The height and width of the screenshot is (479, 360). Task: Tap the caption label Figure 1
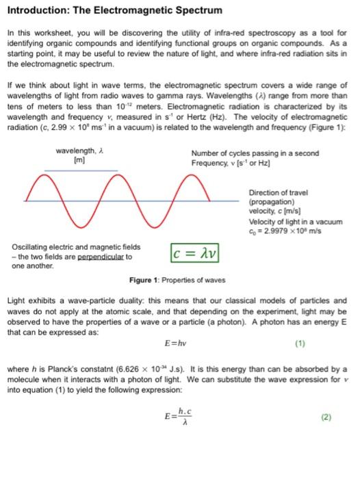(144, 281)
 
